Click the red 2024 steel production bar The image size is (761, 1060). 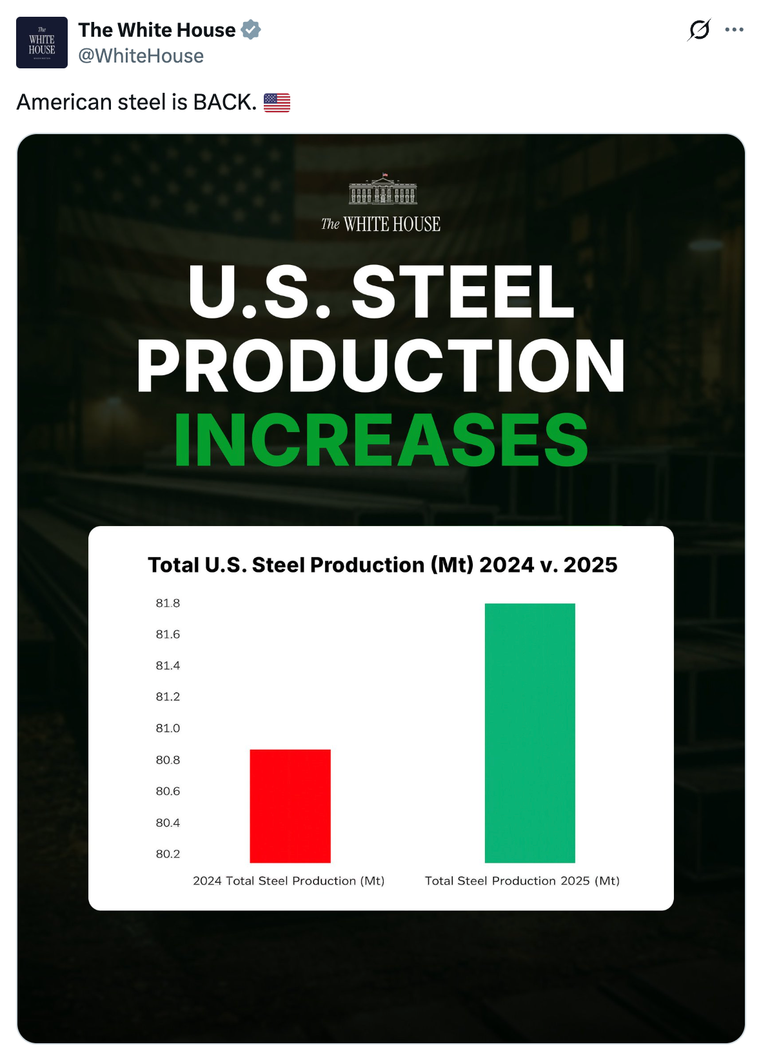coord(290,806)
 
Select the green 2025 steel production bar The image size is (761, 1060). coord(529,732)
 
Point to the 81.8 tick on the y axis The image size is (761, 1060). coord(168,604)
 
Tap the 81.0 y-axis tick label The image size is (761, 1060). coord(168,729)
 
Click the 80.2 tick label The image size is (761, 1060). coord(168,854)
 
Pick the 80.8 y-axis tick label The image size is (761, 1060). coord(168,760)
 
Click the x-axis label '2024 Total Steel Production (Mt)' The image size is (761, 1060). coord(288,881)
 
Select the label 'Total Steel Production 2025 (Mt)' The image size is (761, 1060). coord(522,881)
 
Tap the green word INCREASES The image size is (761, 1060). coord(381,440)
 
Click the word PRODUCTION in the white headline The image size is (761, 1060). coord(381,366)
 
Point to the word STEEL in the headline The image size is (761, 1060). coord(462,292)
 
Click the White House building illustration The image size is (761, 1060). coord(383,189)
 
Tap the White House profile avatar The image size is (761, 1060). coord(42,43)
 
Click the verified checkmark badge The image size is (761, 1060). coord(251,30)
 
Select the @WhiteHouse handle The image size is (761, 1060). coord(141,56)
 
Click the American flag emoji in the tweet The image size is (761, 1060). coord(277,103)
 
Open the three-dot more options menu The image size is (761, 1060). coord(734,30)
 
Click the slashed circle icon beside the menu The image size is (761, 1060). coord(699,30)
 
